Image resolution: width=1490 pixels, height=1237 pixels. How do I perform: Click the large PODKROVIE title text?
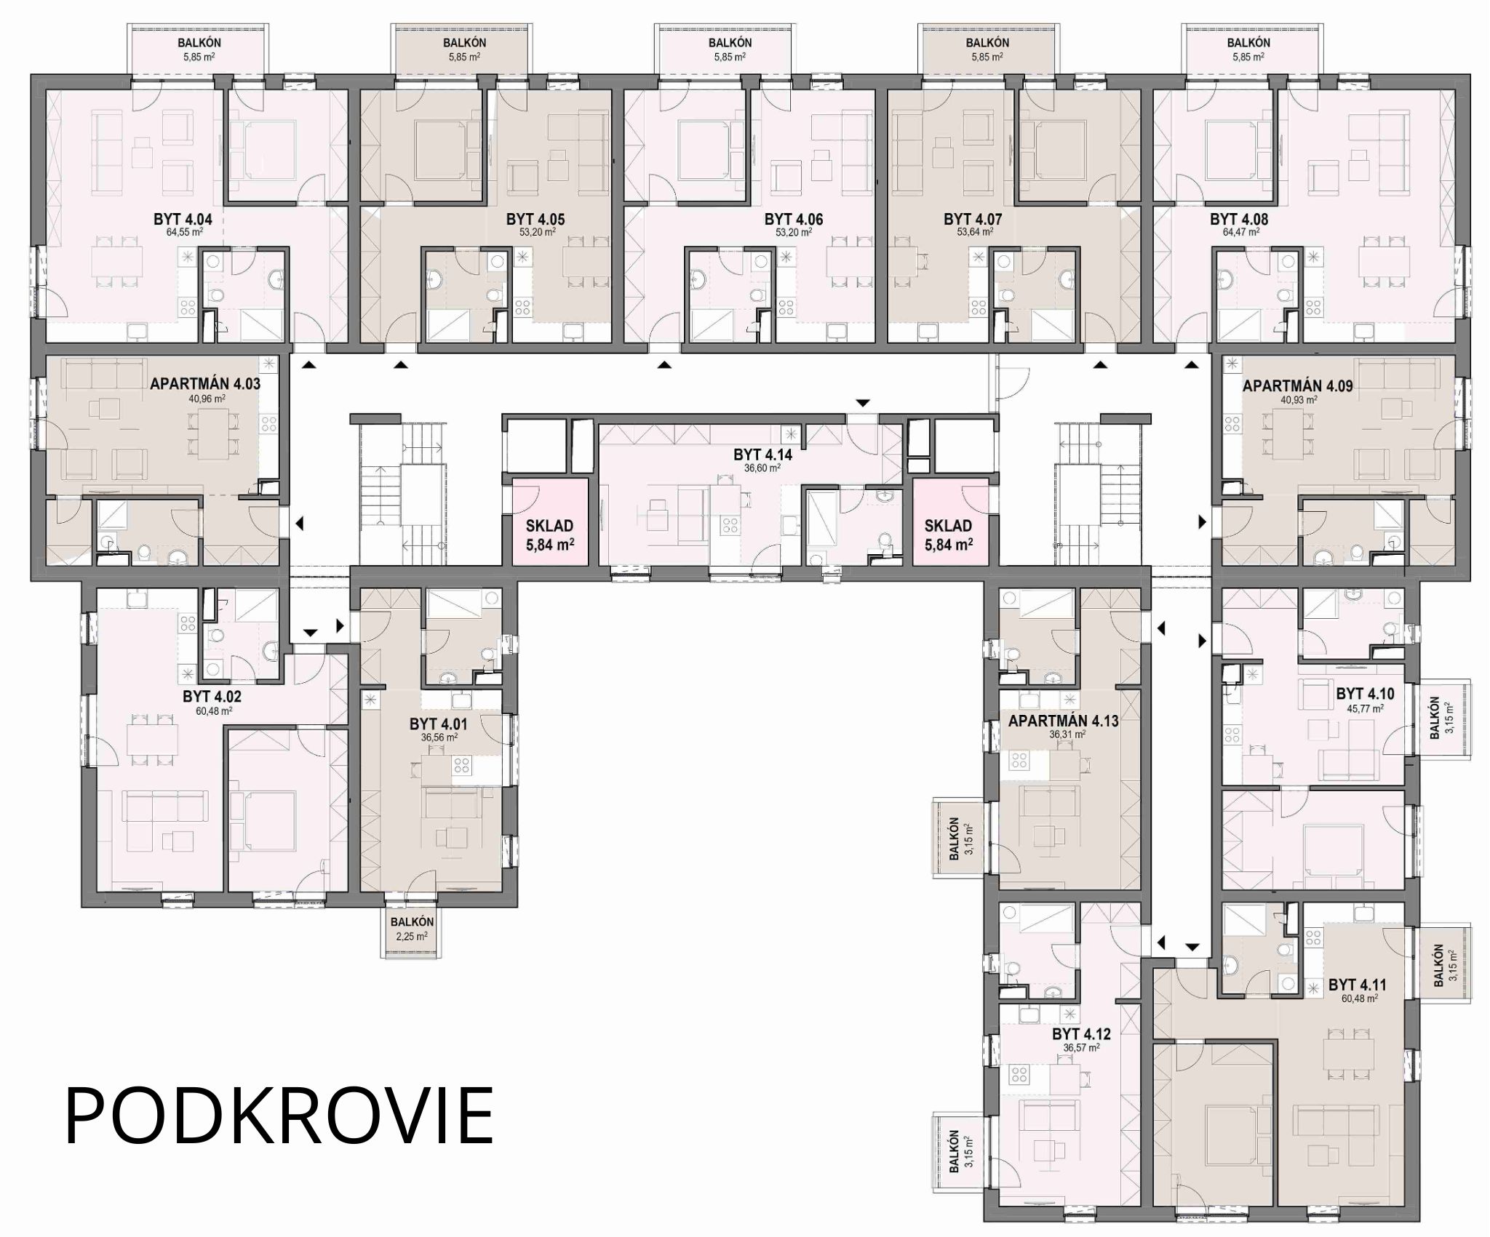[x=279, y=1117]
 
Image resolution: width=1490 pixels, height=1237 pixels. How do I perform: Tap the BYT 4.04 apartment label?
[x=183, y=220]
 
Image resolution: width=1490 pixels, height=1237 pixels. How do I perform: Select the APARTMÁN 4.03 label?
[x=205, y=384]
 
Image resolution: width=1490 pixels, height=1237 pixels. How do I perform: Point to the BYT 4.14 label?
[x=762, y=455]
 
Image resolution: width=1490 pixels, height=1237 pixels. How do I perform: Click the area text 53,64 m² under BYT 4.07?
[x=973, y=233]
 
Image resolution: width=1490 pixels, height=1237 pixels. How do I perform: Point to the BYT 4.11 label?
[x=1358, y=985]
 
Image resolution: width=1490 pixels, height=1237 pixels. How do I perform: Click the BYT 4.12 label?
[x=1082, y=1034]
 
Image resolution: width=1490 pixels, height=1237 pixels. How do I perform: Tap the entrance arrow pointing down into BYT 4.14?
[x=862, y=403]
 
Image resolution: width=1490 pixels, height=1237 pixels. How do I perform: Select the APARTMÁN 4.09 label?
[x=1298, y=386]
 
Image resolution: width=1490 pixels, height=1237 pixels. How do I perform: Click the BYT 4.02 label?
[x=212, y=697]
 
